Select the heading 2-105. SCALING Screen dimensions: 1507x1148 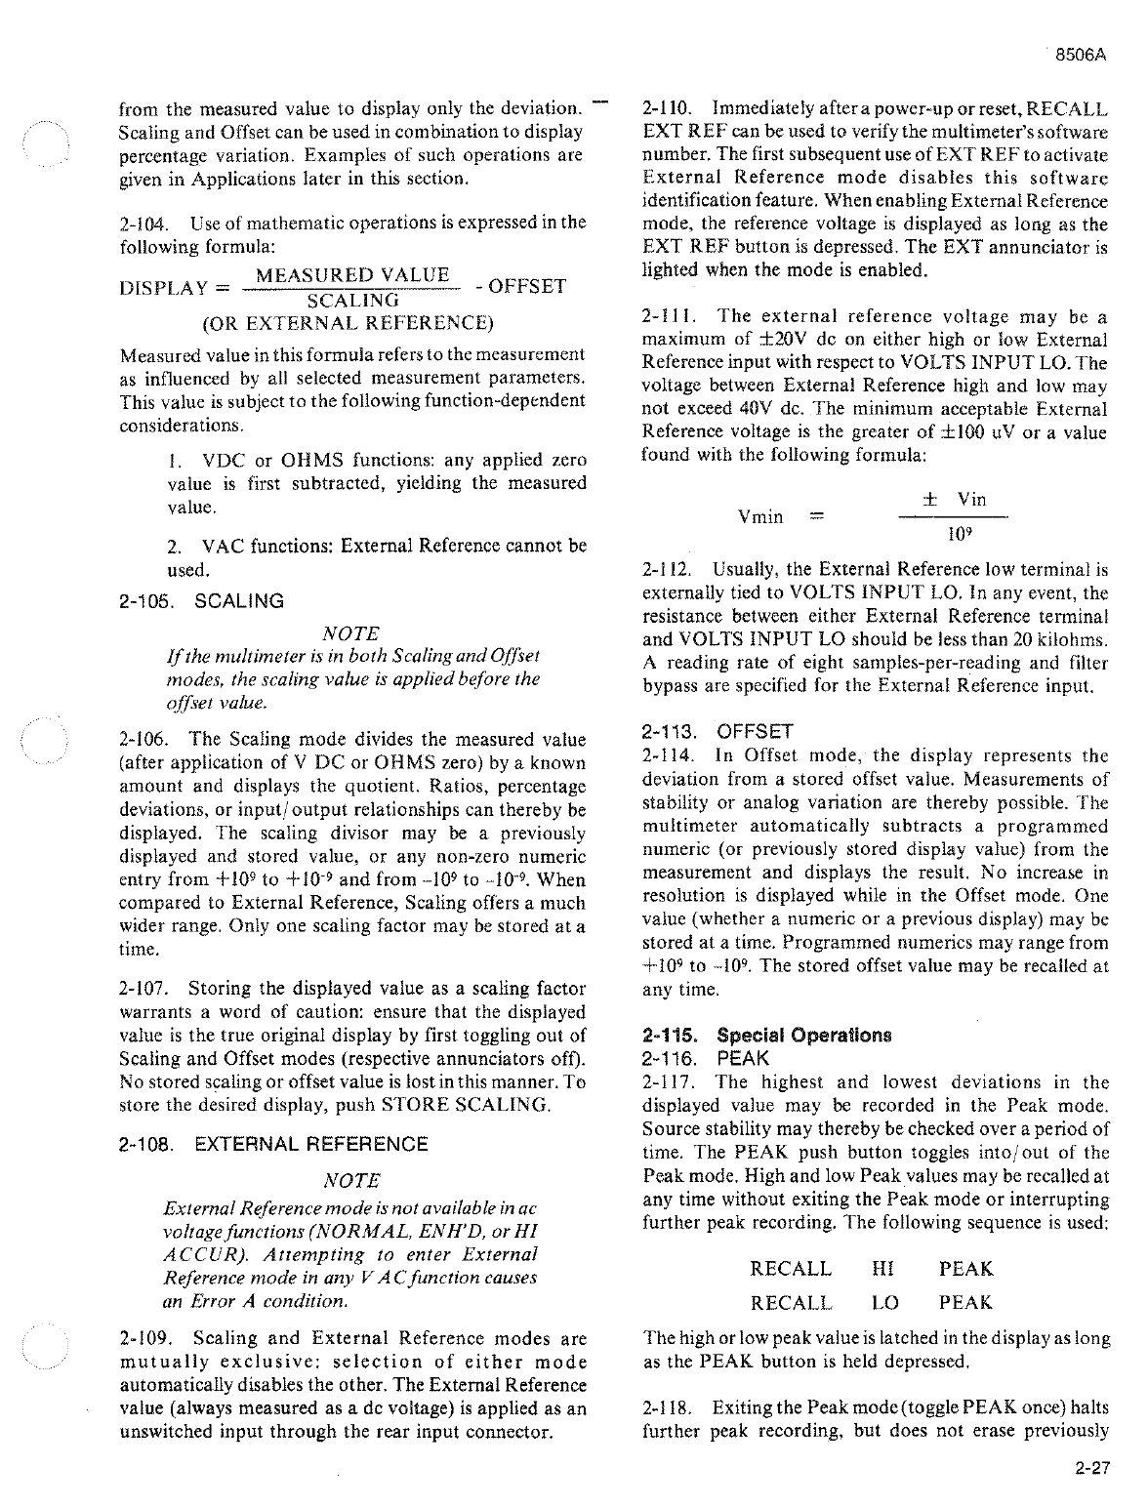click(x=200, y=601)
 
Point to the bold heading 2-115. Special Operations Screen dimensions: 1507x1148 click(x=766, y=1035)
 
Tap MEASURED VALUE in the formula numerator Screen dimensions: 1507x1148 click(x=351, y=275)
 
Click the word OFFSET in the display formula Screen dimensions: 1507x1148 click(x=526, y=287)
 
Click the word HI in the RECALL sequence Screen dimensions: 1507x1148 click(x=882, y=1269)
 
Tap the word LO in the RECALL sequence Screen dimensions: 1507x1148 click(x=884, y=1302)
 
